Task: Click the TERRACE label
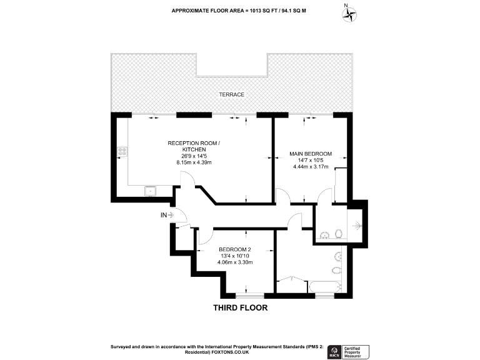231,94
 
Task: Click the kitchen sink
151,190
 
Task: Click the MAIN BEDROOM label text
310,154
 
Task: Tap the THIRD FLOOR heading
240,307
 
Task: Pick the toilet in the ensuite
339,234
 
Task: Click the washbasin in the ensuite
324,235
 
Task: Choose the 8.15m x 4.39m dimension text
194,162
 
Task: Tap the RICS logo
334,351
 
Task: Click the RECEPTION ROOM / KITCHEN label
194,147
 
